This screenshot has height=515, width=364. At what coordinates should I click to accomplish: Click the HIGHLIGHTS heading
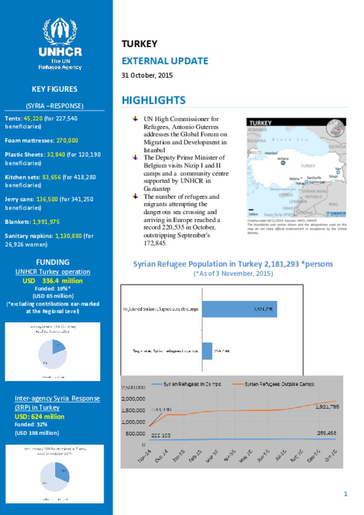pyautogui.click(x=154, y=100)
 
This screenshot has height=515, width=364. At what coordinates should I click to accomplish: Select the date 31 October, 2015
pyautogui.click(x=147, y=75)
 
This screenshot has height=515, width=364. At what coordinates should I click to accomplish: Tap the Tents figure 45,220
pyautogui.click(x=33, y=118)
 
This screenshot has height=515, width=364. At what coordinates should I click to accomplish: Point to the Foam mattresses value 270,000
pyautogui.click(x=67, y=140)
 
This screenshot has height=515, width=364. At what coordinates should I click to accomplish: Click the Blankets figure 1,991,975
pyautogui.click(x=46, y=222)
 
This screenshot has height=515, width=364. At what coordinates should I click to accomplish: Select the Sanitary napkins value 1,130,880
pyautogui.click(x=68, y=236)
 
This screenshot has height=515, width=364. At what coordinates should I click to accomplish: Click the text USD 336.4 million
pyautogui.click(x=53, y=281)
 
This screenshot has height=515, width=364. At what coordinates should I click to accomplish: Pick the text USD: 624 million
pyautogui.click(x=39, y=417)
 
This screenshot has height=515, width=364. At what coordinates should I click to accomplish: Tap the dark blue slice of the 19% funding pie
pyautogui.click(x=58, y=346)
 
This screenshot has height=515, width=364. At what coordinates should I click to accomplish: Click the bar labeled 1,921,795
pyautogui.click(x=239, y=309)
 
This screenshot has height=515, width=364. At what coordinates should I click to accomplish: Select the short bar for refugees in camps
pyautogui.click(x=207, y=351)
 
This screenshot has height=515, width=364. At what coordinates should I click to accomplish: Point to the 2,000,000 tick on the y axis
pyautogui.click(x=133, y=399)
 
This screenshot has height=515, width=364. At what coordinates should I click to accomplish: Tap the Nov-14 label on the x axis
pyautogui.click(x=144, y=456)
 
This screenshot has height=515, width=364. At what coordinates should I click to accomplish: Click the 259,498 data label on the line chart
pyautogui.click(x=326, y=433)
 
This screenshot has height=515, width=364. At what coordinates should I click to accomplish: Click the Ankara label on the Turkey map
pyautogui.click(x=283, y=159)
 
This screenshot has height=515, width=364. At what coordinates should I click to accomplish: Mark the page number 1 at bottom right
pyautogui.click(x=346, y=494)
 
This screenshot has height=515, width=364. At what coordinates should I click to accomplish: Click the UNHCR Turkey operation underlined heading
pyautogui.click(x=53, y=272)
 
